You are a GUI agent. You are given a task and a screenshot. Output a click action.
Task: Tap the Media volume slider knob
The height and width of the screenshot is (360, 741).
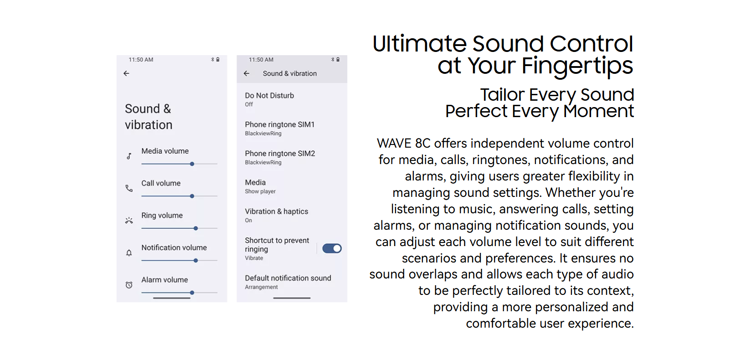coord(192,164)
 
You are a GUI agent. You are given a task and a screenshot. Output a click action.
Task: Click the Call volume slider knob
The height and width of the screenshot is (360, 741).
coord(192,196)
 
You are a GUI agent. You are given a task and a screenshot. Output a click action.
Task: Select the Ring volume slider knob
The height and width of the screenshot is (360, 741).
coord(196,228)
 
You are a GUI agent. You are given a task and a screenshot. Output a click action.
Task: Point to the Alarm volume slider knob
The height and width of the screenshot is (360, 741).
coord(192,293)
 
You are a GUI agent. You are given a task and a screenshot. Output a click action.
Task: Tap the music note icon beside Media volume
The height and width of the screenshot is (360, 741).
coord(129,156)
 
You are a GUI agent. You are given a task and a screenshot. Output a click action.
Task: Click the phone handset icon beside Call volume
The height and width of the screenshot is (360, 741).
coord(129,189)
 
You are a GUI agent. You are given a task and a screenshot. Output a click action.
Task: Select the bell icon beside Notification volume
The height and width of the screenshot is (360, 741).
coord(129,253)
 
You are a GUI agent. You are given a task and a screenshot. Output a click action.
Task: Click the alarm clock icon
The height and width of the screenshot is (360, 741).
coord(129,285)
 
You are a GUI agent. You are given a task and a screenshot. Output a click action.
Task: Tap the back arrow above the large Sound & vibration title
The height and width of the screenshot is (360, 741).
coord(126,73)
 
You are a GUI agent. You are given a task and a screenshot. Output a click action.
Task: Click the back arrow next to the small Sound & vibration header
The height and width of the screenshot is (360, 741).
coord(247,73)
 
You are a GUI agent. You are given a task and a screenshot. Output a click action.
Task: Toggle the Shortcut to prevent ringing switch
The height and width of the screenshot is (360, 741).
coord(332,248)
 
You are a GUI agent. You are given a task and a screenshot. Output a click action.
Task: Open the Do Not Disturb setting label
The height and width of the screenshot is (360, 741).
coord(269,96)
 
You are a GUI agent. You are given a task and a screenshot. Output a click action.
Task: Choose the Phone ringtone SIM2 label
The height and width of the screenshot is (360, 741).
coord(280,154)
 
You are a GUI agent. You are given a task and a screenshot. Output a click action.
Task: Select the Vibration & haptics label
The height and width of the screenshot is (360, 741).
coord(276,211)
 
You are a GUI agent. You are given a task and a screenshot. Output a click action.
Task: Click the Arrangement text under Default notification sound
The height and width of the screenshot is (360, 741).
coord(261,287)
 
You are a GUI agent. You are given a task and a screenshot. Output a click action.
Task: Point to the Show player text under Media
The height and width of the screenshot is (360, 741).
coord(260,191)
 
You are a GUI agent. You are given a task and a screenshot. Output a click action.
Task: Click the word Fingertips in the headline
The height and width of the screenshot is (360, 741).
coord(577,66)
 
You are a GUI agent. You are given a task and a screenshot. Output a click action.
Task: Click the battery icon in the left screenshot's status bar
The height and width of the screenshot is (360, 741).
coord(218,60)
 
